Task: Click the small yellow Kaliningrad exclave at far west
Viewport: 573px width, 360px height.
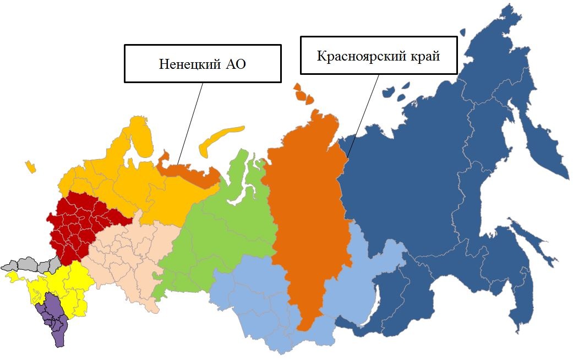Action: click(x=30, y=166)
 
